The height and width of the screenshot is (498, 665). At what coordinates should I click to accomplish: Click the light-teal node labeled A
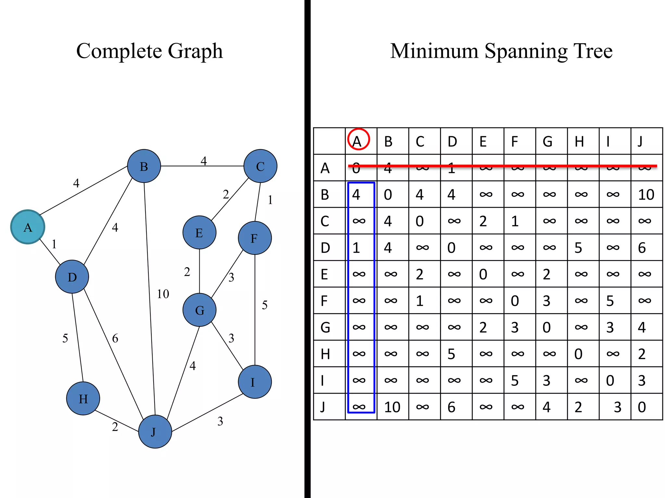coord(28,227)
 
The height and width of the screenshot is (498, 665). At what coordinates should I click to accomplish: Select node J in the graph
coord(155,432)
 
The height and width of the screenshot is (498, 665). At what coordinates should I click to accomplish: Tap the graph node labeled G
coord(199,310)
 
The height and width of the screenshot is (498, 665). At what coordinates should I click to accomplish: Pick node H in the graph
coord(83,398)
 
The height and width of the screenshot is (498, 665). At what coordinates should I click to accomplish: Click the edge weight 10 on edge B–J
coord(163,294)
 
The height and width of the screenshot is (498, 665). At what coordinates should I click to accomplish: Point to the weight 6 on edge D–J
coord(115,338)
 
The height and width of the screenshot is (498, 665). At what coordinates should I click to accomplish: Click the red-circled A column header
coord(358,140)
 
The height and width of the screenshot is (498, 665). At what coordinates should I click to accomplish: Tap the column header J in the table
coord(640,142)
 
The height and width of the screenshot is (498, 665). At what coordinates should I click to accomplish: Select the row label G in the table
coord(325,327)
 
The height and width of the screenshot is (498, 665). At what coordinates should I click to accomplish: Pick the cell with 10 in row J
coord(392,407)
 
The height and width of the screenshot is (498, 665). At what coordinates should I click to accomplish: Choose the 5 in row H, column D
coord(451,354)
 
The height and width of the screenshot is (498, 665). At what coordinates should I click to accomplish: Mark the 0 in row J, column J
coord(642,407)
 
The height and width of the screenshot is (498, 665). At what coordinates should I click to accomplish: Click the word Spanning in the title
coord(526,51)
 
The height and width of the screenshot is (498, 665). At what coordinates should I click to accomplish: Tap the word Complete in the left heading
coord(119,51)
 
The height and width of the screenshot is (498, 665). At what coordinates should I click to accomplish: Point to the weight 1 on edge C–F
coord(270,200)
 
